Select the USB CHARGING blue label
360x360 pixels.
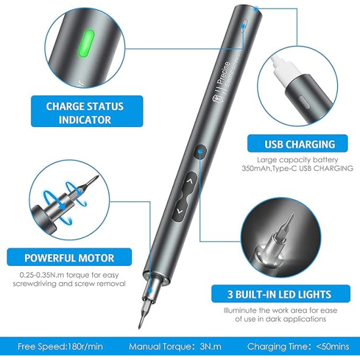(x=290, y=144)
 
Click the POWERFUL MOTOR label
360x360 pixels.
(x=69, y=257)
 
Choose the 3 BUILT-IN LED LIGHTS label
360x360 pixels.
(x=279, y=294)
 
